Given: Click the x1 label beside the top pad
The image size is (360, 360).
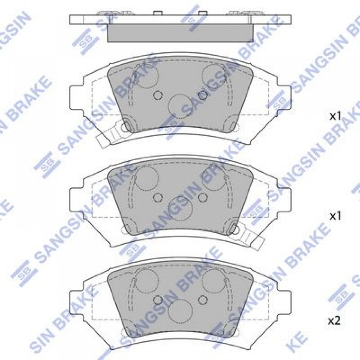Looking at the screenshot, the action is [x=336, y=117].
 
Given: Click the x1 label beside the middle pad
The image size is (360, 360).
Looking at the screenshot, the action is [x=336, y=216].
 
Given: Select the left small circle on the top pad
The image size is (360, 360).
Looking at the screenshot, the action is [x=158, y=95].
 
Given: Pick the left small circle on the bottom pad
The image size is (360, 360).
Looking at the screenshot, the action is [x=158, y=300].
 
